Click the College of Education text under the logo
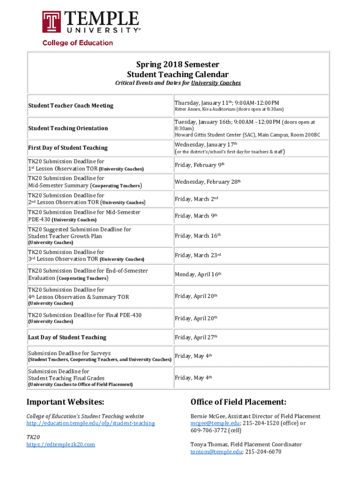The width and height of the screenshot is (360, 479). pos(78,43)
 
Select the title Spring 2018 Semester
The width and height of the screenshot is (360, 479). pos(178,65)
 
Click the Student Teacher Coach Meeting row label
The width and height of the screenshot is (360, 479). pos(71,106)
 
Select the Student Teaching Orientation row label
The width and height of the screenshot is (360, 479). pos(68,128)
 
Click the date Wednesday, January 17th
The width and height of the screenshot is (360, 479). pos(206,144)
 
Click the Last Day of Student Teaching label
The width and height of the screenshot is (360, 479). pos(67,337)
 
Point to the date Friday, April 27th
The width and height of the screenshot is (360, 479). pos(196,337)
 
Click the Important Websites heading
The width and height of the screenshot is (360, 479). pos(65,402)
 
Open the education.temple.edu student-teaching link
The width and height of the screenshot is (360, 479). pos(91,423)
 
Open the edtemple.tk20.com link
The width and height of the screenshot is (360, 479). pos(61,444)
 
